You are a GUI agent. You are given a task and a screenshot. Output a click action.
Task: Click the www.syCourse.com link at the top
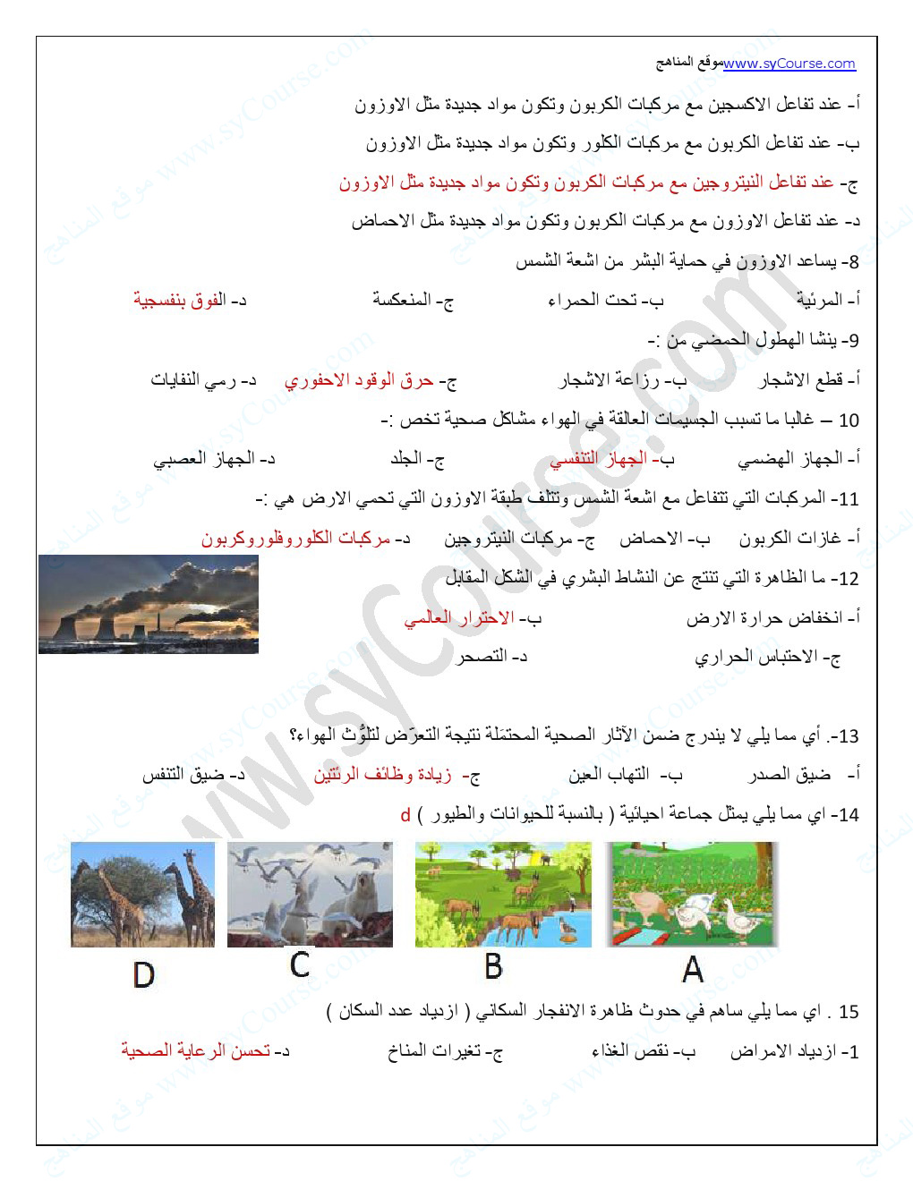(x=789, y=64)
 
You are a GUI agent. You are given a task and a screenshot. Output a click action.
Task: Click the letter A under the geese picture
(x=692, y=969)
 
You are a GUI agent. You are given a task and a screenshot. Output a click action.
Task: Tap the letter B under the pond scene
(x=493, y=966)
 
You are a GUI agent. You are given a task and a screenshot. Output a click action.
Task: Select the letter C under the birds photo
(x=300, y=964)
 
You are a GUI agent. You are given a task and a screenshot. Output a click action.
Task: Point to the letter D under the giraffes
(x=143, y=974)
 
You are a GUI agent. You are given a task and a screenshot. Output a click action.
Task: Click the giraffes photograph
(x=143, y=894)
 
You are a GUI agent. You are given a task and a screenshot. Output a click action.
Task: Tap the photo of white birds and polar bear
(x=310, y=894)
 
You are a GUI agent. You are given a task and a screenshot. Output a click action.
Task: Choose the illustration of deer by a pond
(x=503, y=894)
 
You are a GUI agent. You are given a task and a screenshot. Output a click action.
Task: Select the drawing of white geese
(x=693, y=894)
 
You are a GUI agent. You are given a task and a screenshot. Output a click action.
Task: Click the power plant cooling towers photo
(x=149, y=605)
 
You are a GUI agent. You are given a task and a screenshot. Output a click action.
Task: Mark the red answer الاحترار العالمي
(x=458, y=618)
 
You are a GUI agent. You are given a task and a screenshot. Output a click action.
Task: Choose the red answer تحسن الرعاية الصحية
(x=195, y=1051)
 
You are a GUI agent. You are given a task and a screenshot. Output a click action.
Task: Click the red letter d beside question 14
(x=405, y=815)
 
